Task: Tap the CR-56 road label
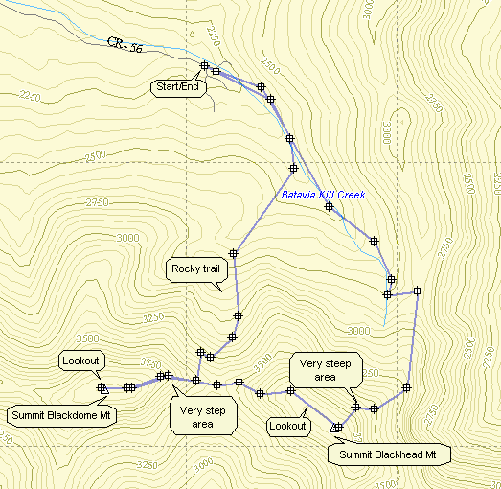[123, 45]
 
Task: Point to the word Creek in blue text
[352, 196]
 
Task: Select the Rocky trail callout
[195, 268]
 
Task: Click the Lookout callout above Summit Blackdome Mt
[80, 361]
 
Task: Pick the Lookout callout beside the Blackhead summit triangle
[287, 426]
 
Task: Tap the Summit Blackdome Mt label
[61, 416]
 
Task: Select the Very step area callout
[202, 417]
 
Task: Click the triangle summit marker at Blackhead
[336, 427]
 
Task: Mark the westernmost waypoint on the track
[102, 388]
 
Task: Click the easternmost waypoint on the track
[417, 291]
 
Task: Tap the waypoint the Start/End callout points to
[204, 65]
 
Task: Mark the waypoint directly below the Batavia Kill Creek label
[329, 206]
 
